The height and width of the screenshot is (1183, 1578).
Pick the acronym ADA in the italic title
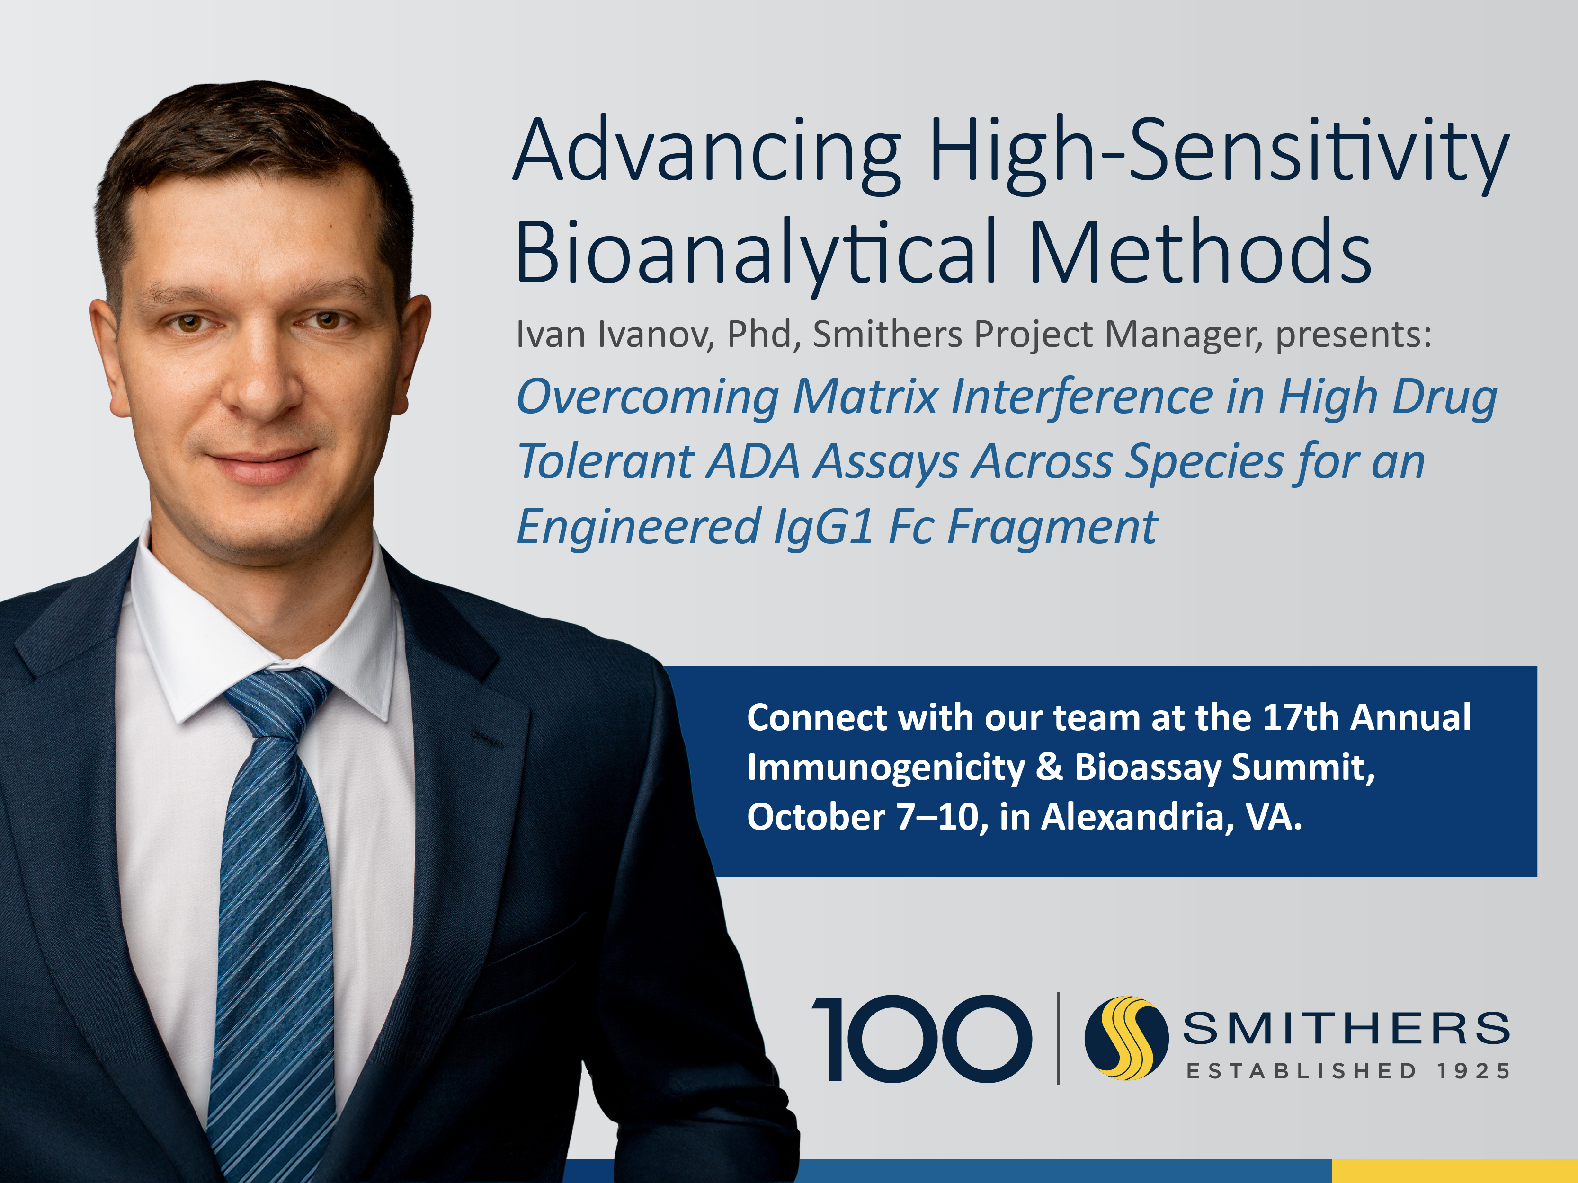click(x=753, y=461)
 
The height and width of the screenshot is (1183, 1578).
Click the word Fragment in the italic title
click(x=1052, y=528)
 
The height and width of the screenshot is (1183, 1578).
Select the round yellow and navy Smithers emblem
click(x=1126, y=1038)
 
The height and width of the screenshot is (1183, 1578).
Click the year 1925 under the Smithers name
click(x=1473, y=1071)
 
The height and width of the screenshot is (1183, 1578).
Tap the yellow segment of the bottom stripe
click(x=1454, y=1171)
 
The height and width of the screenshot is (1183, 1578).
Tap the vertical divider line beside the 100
click(x=1058, y=1038)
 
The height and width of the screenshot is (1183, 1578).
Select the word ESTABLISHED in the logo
click(x=1301, y=1071)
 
